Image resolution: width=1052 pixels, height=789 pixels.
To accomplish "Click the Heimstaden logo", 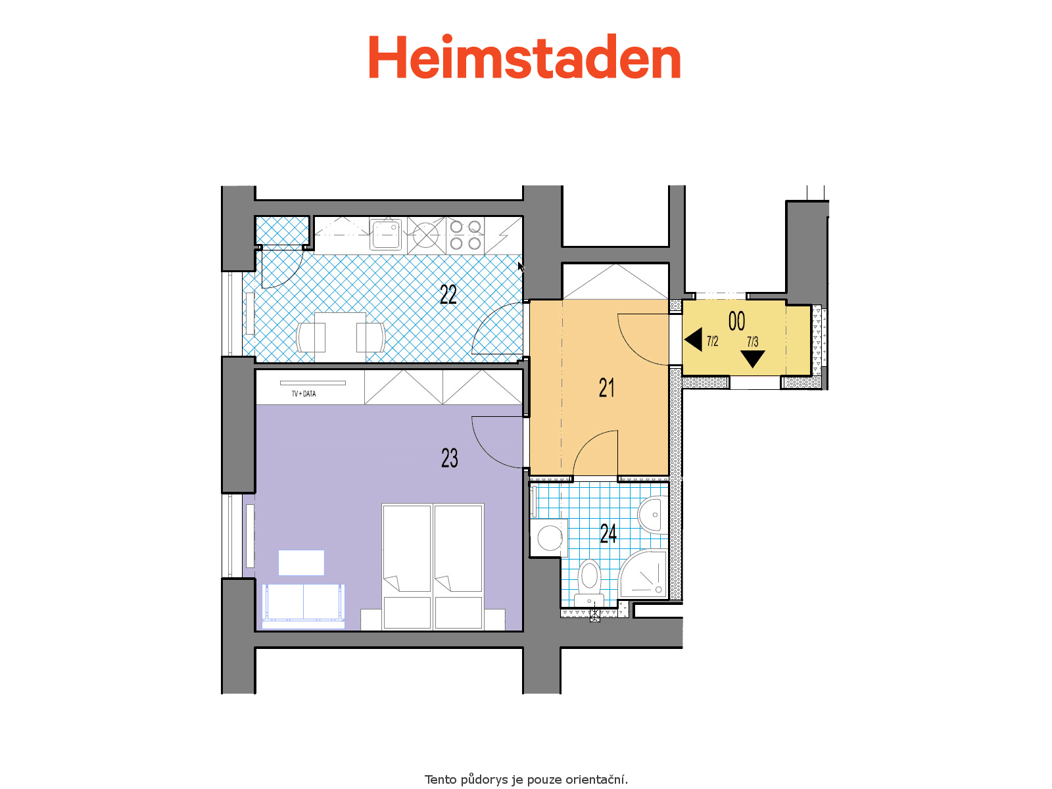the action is (x=524, y=57).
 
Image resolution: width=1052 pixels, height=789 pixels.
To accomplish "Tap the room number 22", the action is (x=448, y=295).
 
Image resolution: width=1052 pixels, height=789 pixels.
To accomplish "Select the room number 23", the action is (x=450, y=458).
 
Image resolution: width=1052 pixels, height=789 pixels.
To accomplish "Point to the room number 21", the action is (x=606, y=387).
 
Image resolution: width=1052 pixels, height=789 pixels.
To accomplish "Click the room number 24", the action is (x=608, y=533).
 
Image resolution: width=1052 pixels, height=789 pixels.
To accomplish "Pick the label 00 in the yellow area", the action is (x=736, y=321).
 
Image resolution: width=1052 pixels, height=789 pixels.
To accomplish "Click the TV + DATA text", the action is (x=304, y=394).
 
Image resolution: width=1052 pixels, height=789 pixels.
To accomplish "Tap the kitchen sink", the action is (x=385, y=234).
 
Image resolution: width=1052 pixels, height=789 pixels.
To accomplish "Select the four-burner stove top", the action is (x=465, y=235).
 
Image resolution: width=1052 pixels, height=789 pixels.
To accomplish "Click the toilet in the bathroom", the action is (x=589, y=583).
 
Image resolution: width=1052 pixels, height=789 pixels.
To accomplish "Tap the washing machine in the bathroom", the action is (x=548, y=537).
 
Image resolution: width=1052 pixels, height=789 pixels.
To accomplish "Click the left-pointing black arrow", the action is (x=694, y=340).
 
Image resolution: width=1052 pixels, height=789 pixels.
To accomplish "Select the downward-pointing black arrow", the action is (x=752, y=359).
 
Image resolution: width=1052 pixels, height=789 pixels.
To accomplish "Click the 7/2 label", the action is (x=713, y=341).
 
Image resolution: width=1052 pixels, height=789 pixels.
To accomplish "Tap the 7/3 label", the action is (x=752, y=341).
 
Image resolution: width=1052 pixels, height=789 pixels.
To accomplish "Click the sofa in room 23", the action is (x=303, y=606).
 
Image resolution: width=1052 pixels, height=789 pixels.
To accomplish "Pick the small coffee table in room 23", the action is (x=301, y=563).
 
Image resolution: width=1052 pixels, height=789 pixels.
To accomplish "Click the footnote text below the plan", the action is (x=526, y=779).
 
